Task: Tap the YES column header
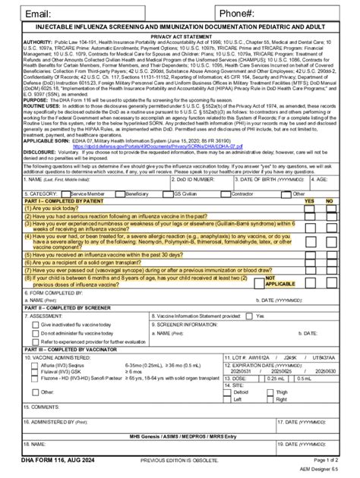309,200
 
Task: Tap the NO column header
329,200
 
